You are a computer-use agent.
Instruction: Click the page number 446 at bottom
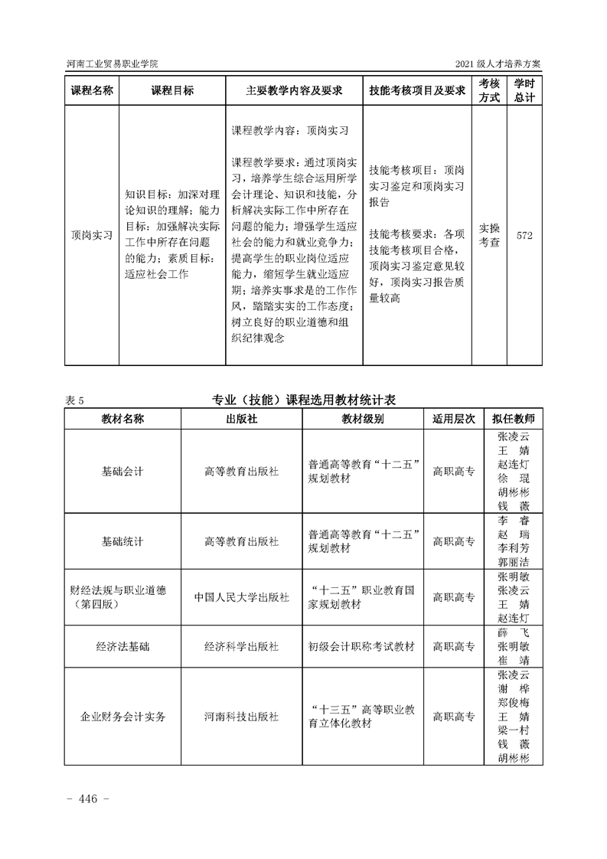90,799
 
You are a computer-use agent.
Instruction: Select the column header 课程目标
172,90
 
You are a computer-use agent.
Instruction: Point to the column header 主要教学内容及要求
294,90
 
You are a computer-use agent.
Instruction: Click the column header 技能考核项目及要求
417,90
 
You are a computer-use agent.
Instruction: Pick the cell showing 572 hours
524,235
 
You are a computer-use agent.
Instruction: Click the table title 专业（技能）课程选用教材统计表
303,399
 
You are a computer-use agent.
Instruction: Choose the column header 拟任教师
513,419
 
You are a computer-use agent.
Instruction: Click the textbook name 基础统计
122,541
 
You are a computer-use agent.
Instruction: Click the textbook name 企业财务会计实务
122,717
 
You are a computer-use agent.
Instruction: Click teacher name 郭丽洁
513,561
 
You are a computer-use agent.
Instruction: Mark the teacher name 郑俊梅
513,702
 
